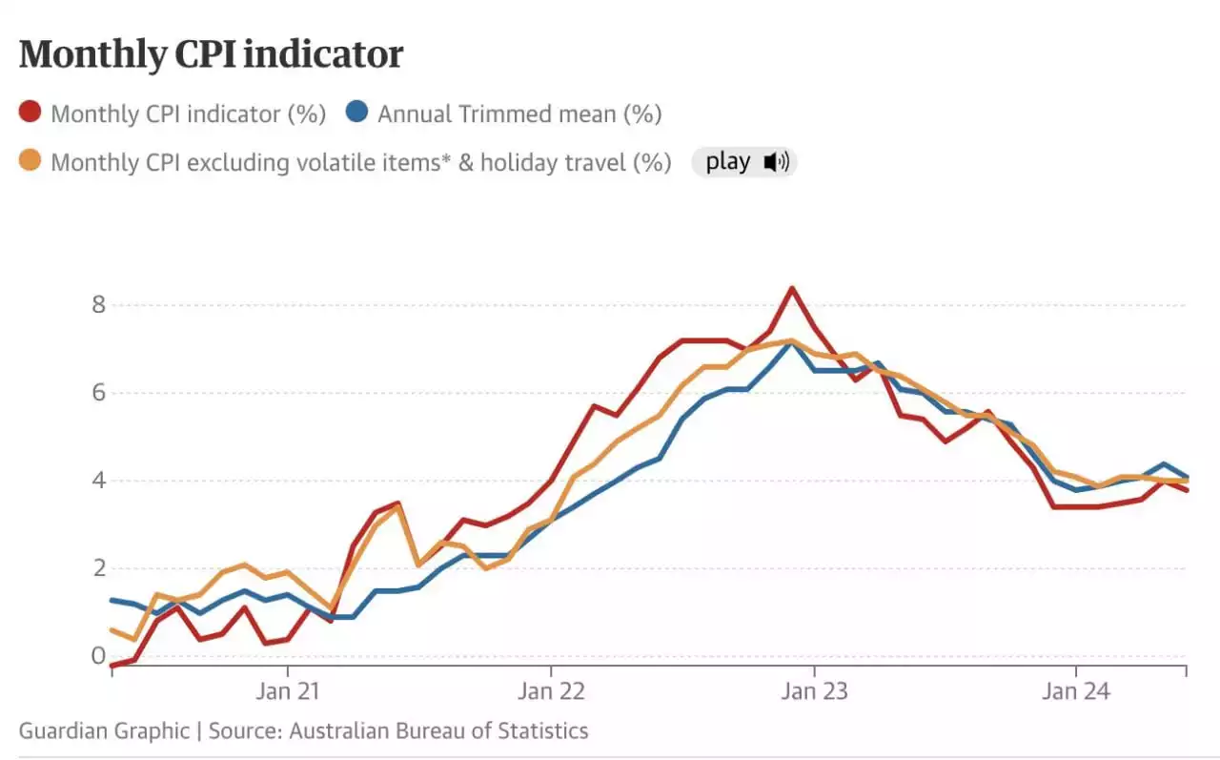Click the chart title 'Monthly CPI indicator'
click(211, 54)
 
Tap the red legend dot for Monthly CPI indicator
click(31, 113)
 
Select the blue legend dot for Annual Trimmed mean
click(357, 113)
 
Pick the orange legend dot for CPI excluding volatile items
click(31, 162)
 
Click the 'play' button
click(727, 162)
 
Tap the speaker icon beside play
click(776, 162)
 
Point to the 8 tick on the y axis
click(98, 305)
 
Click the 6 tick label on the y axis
click(98, 393)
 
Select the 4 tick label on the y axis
click(98, 481)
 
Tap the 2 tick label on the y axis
click(98, 568)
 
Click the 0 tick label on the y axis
click(98, 656)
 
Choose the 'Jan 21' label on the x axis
click(287, 691)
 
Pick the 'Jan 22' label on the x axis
click(550, 691)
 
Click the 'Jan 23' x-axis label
click(813, 691)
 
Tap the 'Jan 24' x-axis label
click(1076, 691)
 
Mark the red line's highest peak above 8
click(791, 288)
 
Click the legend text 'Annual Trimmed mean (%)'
click(519, 114)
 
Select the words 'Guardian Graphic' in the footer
click(104, 731)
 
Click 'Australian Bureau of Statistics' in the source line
click(438, 731)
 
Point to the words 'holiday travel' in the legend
click(551, 162)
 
